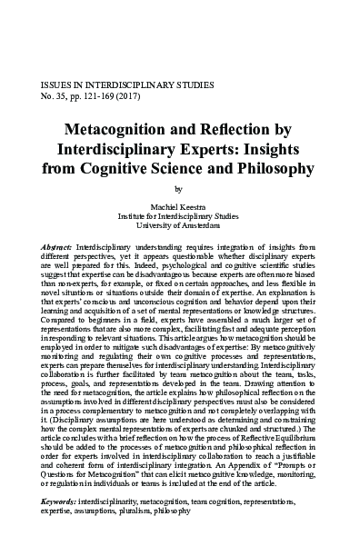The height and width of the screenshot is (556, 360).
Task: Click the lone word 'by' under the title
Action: pos(178,189)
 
